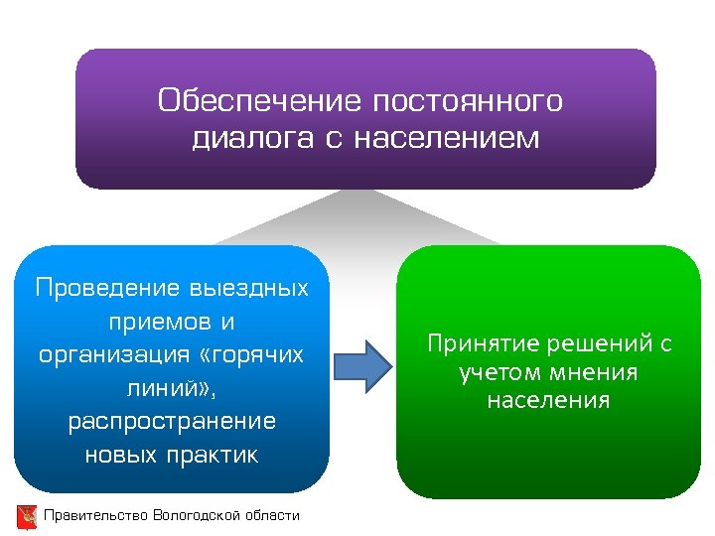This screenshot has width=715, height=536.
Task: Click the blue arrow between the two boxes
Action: pos(362,365)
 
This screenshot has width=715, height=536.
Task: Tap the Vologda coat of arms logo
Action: pos(27,516)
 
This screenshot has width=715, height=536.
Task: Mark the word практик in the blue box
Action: pos(213,456)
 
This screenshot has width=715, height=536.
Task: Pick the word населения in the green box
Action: pos(548,401)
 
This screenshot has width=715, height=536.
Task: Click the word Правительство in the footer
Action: pos(95,515)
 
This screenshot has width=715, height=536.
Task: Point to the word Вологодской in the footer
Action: pos(193,515)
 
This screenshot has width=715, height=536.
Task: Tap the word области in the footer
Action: pos(268,515)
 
